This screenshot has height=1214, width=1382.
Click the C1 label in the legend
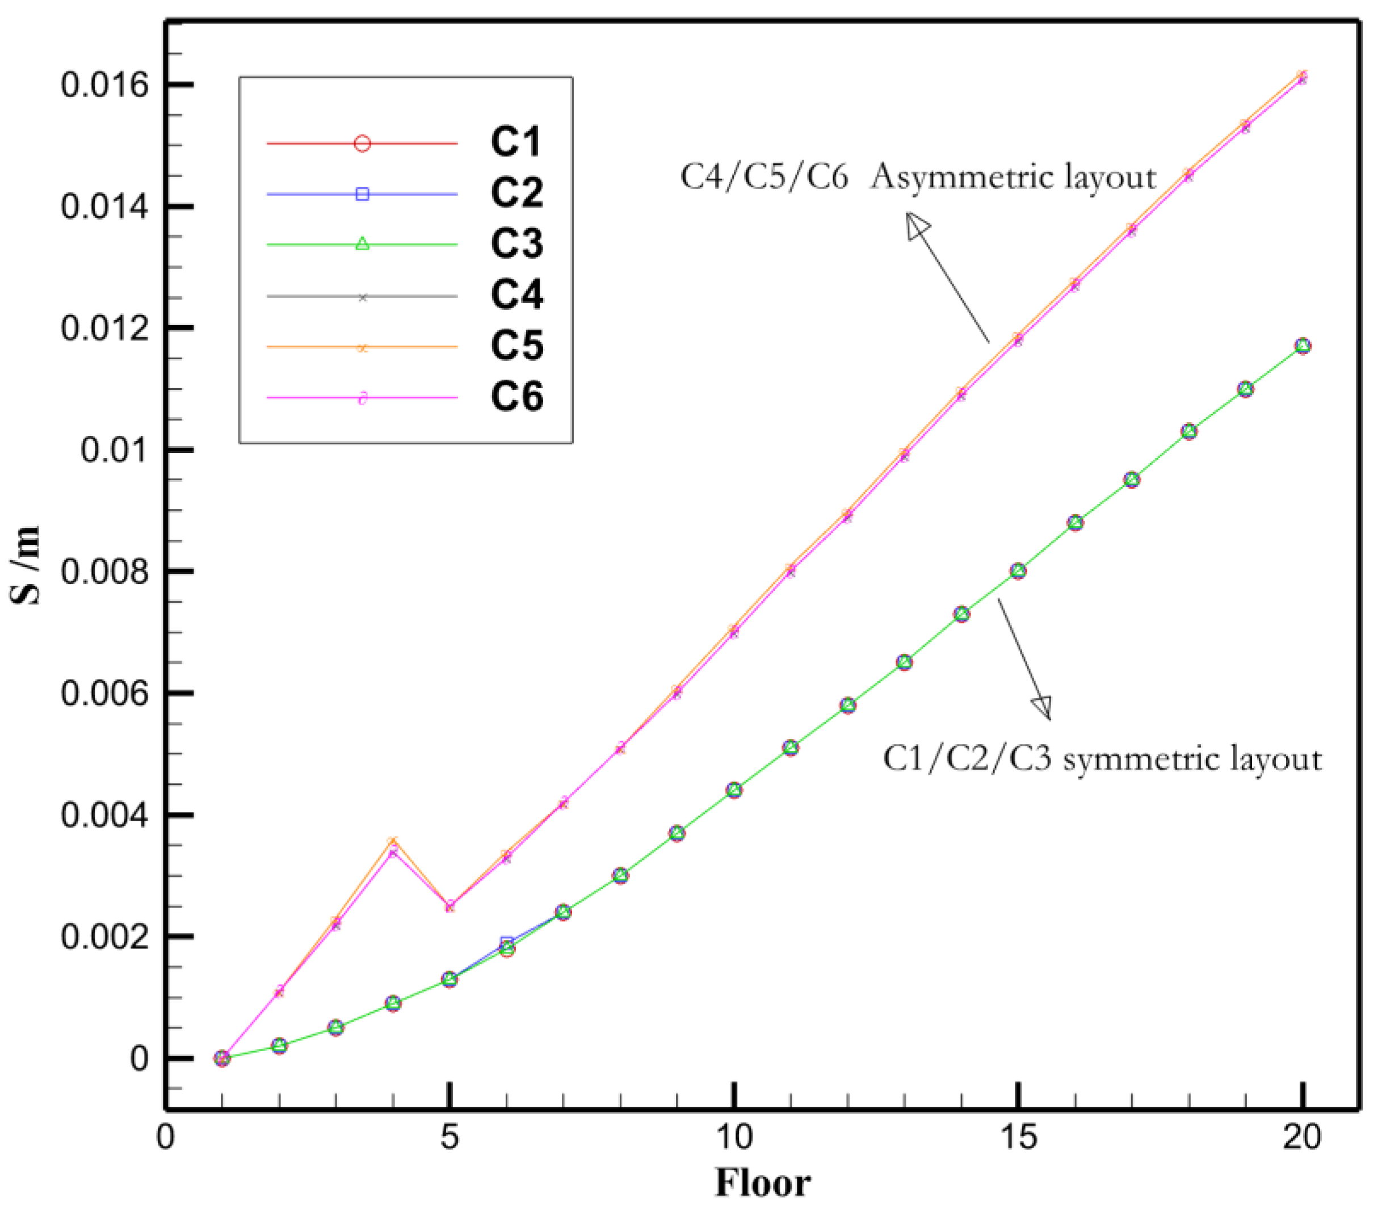516,142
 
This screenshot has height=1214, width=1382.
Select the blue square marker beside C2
363,194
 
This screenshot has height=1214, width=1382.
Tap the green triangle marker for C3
363,244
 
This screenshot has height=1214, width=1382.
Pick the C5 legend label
516,346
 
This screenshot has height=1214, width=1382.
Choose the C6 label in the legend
516,396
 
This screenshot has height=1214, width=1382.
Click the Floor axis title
763,1183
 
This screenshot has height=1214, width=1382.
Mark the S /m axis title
26,566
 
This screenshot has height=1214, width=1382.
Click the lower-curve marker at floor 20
1302,346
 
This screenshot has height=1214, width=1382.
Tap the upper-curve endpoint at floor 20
1302,77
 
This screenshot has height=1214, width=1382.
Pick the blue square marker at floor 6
506,942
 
